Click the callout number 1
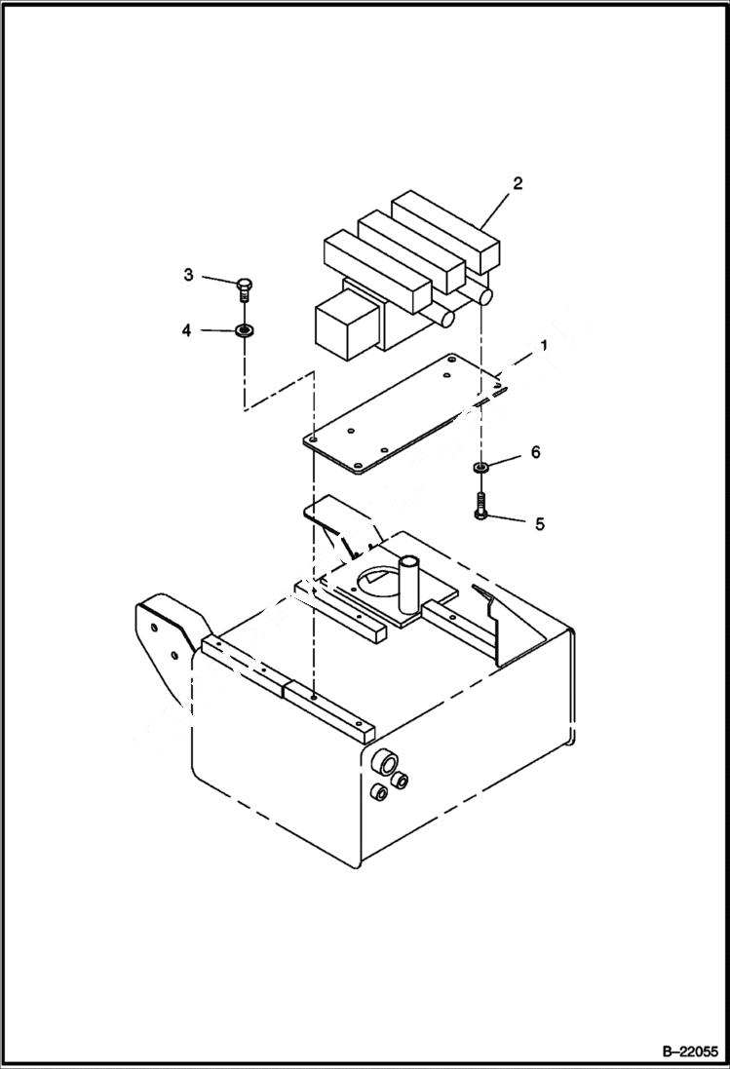click(x=544, y=346)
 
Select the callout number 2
click(x=518, y=183)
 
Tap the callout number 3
click(x=189, y=275)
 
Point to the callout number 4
click(x=186, y=330)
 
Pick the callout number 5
click(x=539, y=523)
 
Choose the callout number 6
click(x=535, y=452)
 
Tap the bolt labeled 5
click(x=481, y=506)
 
